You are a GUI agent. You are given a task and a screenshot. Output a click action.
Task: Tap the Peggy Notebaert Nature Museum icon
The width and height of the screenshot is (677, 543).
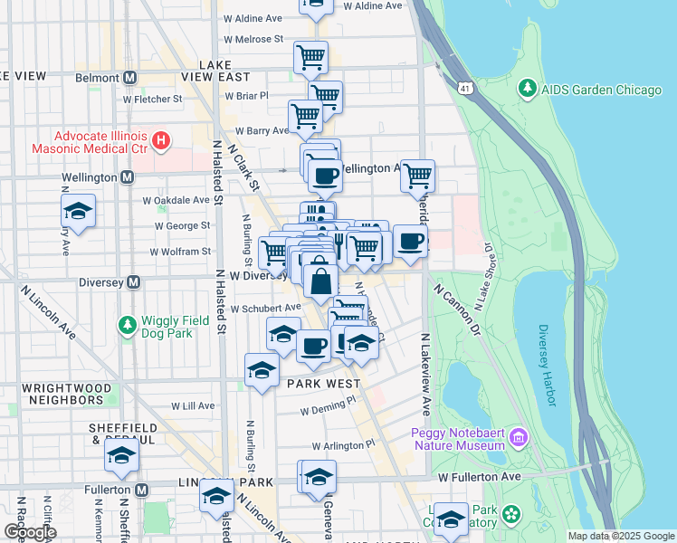(x=519, y=439)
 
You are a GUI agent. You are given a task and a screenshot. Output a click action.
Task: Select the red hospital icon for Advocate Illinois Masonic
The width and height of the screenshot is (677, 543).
(x=161, y=140)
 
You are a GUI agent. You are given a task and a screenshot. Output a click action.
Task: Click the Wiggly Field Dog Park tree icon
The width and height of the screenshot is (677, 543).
(x=128, y=324)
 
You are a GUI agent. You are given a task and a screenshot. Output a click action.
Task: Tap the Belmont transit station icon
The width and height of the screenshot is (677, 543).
(x=129, y=78)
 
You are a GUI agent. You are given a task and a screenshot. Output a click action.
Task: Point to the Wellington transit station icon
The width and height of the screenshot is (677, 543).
(x=127, y=177)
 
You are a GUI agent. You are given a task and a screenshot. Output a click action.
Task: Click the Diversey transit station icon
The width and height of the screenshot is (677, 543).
(x=133, y=281)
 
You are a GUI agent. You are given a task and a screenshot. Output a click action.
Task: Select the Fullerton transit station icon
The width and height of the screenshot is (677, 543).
(x=141, y=490)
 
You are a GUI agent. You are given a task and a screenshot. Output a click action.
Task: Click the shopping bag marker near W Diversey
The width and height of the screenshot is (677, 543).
(x=320, y=282)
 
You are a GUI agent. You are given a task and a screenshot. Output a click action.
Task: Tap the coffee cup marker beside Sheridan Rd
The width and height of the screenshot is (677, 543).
(x=411, y=242)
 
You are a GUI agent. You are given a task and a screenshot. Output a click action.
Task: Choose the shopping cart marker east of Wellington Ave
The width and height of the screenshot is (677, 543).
(x=417, y=176)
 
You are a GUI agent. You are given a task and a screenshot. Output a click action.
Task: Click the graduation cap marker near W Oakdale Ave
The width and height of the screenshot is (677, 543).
(x=79, y=212)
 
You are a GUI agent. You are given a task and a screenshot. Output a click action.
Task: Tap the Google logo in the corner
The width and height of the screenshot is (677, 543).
(x=29, y=532)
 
